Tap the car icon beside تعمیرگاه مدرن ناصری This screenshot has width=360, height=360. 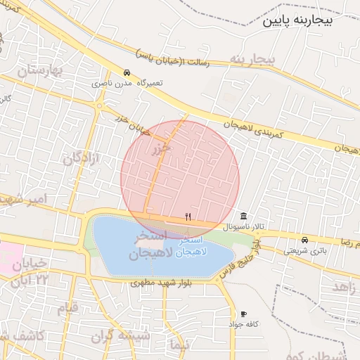click(127, 72)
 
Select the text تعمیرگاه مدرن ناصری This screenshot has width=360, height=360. click(129, 83)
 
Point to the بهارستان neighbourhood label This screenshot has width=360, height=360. click(39, 71)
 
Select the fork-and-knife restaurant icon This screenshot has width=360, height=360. click(188, 217)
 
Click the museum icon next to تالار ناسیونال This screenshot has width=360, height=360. click(243, 216)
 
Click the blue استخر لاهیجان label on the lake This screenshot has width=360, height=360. click(186, 247)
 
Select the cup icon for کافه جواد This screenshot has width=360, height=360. click(243, 314)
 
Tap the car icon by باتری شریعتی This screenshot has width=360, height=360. click(304, 240)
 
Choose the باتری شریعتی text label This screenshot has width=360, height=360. click(306, 250)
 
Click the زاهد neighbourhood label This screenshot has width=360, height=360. click(344, 288)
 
